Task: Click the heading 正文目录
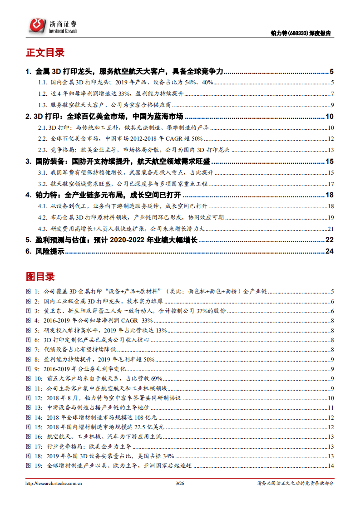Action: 45,53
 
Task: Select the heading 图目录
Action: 40,276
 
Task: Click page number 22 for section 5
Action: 330,240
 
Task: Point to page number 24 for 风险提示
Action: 330,251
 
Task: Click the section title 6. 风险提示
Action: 45,251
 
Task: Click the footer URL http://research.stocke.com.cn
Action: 54,484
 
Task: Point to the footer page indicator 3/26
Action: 179,484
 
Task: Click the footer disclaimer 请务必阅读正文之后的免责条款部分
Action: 296,484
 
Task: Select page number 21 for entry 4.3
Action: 331,228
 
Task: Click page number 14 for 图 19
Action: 331,465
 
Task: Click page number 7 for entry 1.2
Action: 332,94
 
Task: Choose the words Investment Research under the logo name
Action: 63,31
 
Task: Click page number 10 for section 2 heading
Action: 330,117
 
